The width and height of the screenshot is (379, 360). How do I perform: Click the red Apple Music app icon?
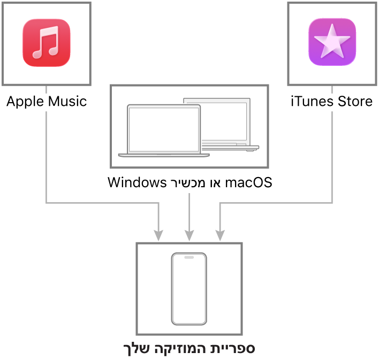click(x=47, y=43)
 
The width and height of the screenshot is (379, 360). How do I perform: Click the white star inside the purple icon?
click(x=332, y=41)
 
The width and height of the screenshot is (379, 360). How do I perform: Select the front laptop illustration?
click(x=164, y=131)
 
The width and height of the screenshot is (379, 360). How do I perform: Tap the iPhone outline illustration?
click(x=189, y=289)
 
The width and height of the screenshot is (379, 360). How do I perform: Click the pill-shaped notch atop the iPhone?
click(x=189, y=257)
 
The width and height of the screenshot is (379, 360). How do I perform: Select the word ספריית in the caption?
click(x=235, y=349)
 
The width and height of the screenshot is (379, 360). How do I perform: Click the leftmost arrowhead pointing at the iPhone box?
click(x=158, y=235)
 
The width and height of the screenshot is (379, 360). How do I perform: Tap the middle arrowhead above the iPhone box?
click(x=189, y=235)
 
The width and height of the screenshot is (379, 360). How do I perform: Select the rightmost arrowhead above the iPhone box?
click(x=220, y=235)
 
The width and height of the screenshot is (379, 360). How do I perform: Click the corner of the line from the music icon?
click(x=47, y=203)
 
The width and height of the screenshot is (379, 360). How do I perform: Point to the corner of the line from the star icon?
click(x=332, y=203)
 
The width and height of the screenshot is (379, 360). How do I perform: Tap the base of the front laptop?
click(x=164, y=156)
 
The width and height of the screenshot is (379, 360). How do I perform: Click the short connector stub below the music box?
click(x=47, y=89)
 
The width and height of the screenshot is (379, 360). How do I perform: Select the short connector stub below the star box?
click(x=332, y=89)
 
